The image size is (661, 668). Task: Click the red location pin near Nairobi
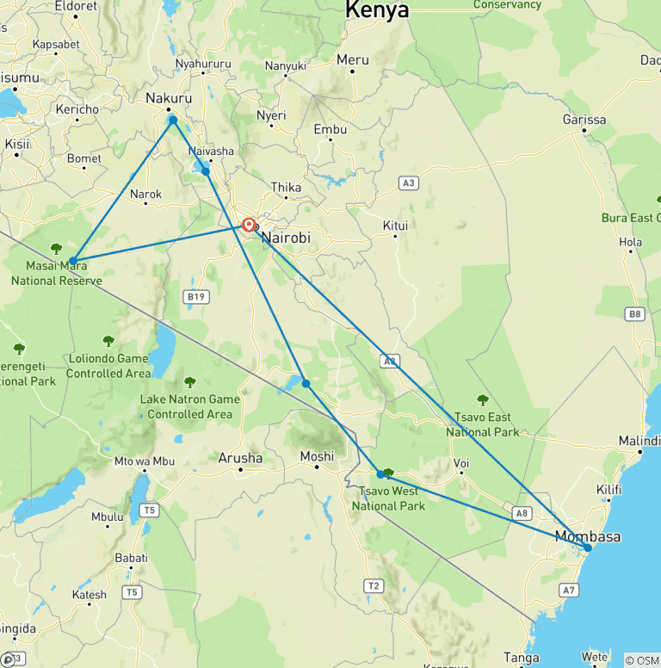[249, 225]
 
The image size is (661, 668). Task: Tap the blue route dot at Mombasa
[587, 547]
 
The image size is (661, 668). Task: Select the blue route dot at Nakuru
[173, 120]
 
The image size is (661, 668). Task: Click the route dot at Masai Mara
[73, 261]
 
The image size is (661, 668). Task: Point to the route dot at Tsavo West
[380, 474]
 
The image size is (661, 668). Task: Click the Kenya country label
[377, 10]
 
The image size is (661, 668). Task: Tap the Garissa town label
[584, 120]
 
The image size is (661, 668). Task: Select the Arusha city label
[240, 458]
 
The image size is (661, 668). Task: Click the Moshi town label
[317, 456]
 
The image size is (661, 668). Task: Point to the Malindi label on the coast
[639, 441]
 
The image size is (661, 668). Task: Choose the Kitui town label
[395, 226]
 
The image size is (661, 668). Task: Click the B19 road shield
[196, 297]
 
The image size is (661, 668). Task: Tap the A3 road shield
[409, 182]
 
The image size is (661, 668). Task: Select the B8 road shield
[635, 314]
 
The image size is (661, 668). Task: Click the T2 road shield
[374, 586]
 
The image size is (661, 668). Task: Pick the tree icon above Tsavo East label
[483, 399]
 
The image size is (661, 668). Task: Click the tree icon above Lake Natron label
[190, 382]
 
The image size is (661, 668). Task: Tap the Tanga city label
[522, 658]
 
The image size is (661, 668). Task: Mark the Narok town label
[145, 194]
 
